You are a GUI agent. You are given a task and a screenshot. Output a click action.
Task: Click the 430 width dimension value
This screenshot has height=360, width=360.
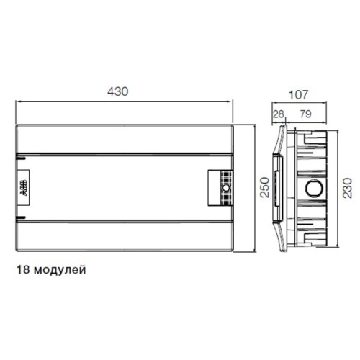pyautogui.click(x=118, y=91)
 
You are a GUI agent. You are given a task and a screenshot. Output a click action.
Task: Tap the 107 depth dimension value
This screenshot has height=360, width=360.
pyautogui.click(x=298, y=95)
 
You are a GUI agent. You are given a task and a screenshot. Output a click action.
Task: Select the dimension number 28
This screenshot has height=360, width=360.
pyautogui.click(x=279, y=114)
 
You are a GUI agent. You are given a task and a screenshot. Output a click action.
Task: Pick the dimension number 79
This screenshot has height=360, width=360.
pyautogui.click(x=306, y=114)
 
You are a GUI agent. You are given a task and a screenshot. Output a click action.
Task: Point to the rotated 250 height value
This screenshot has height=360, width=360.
pyautogui.click(x=265, y=187)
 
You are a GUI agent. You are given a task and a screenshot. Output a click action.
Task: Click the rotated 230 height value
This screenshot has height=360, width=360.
pyautogui.click(x=347, y=188)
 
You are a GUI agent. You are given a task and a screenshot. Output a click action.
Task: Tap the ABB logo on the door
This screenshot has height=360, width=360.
pyautogui.click(x=24, y=188)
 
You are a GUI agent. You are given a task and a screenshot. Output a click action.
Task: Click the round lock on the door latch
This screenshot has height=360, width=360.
pyautogui.click(x=226, y=188)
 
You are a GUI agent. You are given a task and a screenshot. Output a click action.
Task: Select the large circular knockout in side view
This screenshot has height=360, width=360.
pyautogui.click(x=314, y=188)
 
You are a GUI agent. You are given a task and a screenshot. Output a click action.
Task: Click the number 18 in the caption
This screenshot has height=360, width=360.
pyautogui.click(x=23, y=269)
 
